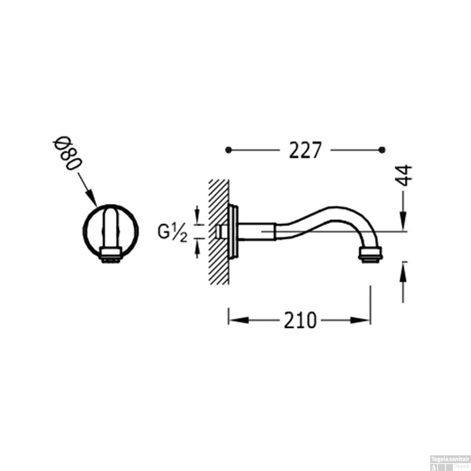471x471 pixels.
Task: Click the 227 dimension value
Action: [305, 150]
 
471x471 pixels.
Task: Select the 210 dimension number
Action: [300, 321]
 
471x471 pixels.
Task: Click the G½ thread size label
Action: [172, 233]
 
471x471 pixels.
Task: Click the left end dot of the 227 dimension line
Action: [228, 150]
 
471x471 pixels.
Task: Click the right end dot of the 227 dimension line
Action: [382, 150]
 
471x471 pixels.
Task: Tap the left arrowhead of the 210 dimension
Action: [237, 320]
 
